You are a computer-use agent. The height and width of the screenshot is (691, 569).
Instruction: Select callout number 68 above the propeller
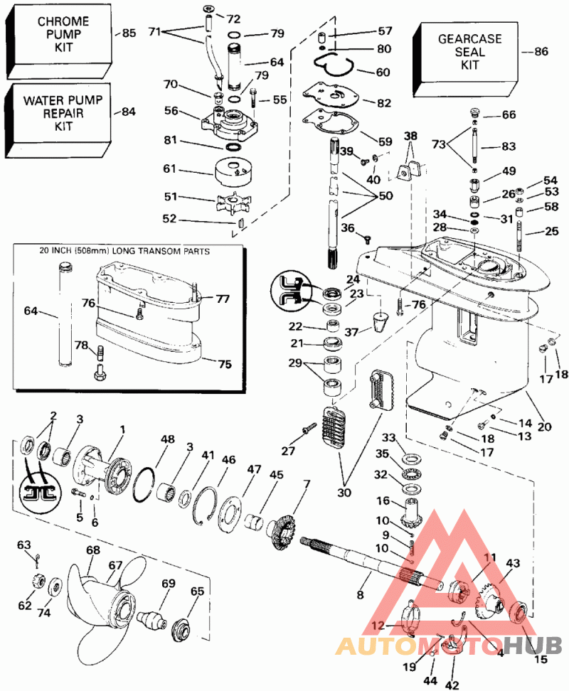tap(93, 550)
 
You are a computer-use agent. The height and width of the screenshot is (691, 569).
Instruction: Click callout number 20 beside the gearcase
tap(544, 427)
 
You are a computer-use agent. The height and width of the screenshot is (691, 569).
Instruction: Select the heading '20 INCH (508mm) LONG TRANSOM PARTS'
tap(129, 251)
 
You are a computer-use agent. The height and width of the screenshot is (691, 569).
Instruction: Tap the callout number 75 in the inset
tap(225, 364)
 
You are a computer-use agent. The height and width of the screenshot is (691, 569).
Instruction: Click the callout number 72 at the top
tap(233, 16)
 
